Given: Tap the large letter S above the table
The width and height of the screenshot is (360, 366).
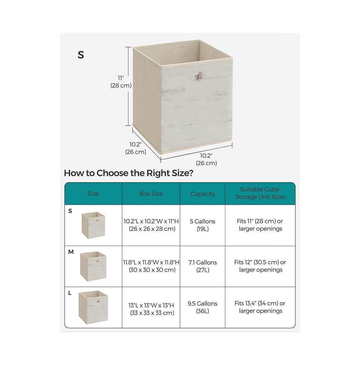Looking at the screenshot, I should click(81, 55).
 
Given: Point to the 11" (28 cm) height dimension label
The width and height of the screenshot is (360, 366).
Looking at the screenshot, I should click(121, 82).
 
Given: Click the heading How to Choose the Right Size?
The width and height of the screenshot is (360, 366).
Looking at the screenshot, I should click(128, 173).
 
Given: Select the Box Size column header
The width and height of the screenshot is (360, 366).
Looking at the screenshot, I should click(151, 194).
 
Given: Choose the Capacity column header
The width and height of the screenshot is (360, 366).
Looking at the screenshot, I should click(202, 194).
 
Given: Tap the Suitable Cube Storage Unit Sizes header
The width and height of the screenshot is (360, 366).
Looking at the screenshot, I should click(260, 193).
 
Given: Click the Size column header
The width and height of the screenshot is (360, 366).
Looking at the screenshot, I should click(93, 194).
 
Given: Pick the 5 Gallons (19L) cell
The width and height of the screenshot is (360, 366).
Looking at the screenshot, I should click(202, 225).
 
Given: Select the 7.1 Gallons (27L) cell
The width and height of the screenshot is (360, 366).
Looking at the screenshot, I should click(202, 266).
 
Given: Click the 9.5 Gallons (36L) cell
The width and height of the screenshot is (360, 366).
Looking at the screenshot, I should click(202, 307).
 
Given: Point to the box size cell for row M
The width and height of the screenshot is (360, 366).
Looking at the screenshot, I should click(151, 266).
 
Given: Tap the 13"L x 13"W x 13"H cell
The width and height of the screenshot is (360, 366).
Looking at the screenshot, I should click(151, 309).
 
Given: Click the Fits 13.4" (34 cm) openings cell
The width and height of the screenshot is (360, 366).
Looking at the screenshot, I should click(260, 307).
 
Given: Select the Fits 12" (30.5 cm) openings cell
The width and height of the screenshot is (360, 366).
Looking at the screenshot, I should click(260, 266).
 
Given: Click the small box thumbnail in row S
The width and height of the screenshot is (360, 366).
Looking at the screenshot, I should click(93, 225).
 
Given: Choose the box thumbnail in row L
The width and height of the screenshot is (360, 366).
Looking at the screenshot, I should click(93, 308).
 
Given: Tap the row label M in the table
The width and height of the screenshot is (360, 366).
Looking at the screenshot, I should click(71, 252).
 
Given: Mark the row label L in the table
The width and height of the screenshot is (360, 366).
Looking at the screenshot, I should click(70, 293).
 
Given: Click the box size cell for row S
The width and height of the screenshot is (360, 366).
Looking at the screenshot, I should click(151, 225).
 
